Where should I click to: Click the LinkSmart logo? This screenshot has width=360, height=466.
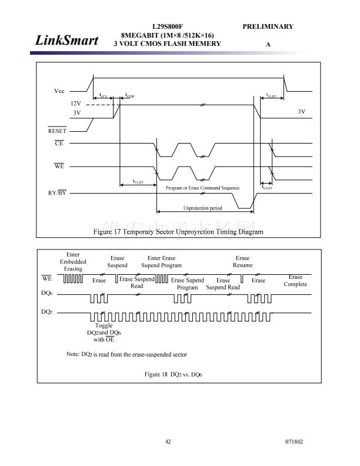66,40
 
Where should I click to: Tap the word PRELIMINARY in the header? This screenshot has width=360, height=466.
268,26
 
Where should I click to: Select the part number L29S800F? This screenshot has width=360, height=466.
167,26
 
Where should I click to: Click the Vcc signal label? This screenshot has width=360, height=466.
59,91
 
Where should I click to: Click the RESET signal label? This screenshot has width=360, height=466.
57,131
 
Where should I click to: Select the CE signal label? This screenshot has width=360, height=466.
59,143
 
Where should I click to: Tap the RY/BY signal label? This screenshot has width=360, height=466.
57,193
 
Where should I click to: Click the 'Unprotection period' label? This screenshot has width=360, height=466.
203,208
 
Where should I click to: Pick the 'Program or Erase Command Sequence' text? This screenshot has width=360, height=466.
202,188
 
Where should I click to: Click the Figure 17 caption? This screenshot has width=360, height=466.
178,232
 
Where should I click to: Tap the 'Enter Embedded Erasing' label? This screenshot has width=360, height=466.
73,261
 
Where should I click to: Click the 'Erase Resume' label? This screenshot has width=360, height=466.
242,261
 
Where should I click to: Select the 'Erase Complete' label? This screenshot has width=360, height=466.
295,281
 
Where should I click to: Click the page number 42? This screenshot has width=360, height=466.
168,442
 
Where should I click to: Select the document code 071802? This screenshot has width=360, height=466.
294,442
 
